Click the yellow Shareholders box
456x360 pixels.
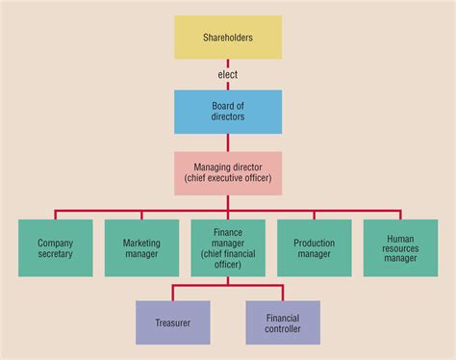(228, 37)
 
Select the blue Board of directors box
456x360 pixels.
(228, 112)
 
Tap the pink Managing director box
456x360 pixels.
(228, 173)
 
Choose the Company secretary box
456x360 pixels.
(56, 248)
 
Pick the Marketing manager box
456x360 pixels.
(141, 248)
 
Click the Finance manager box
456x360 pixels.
(228, 248)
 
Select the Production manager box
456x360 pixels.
(314, 248)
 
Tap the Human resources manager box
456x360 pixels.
(400, 248)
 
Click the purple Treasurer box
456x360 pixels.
(172, 322)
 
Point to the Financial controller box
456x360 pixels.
(283, 322)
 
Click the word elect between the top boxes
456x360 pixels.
(228, 73)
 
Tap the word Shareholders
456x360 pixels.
(228, 38)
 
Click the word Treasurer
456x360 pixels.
(172, 323)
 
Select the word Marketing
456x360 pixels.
(141, 244)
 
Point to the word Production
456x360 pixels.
(314, 244)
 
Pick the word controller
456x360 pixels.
(283, 329)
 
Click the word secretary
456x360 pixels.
(56, 255)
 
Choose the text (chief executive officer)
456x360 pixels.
(228, 179)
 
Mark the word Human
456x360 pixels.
(400, 237)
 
